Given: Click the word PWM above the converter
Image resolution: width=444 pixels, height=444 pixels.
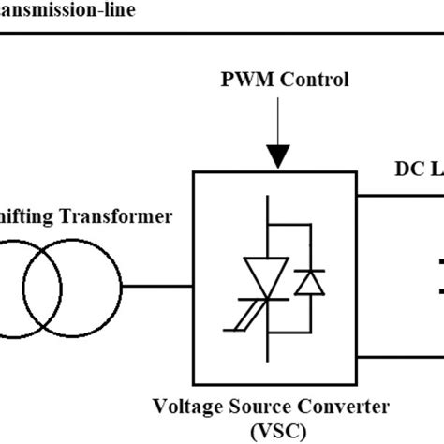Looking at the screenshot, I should point(241,79).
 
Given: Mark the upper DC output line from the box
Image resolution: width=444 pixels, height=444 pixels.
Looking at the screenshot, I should point(403,195).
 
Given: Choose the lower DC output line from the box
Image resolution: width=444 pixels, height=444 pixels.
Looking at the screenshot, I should point(403,357).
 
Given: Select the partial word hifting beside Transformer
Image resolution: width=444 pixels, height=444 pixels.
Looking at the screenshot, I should point(28,216).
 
